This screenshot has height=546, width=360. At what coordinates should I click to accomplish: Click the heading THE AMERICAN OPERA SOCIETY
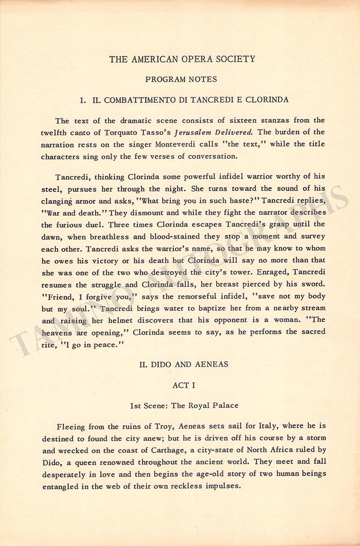point(182,59)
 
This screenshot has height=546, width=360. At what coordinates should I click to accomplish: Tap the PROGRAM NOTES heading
point(181,79)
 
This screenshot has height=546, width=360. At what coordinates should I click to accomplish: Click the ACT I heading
point(184,385)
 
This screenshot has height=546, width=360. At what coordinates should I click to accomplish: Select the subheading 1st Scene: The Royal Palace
point(184,405)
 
